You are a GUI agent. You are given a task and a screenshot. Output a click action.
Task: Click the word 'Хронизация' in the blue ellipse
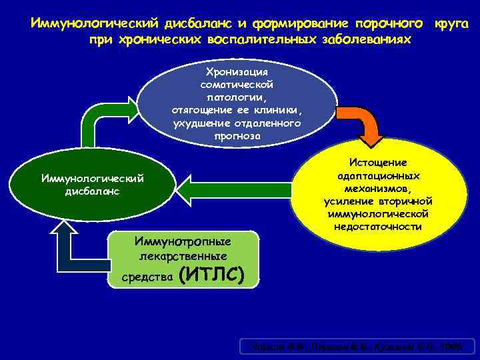[237, 71]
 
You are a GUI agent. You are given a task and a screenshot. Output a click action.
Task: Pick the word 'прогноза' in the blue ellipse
[238, 136]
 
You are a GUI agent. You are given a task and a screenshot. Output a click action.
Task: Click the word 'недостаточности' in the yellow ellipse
[378, 227]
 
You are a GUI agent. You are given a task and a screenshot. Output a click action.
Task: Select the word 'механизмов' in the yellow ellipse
[378, 188]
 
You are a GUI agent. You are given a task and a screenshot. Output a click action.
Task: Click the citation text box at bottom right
[357, 346]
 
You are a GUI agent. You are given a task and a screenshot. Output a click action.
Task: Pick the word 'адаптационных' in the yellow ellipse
[378, 175]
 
